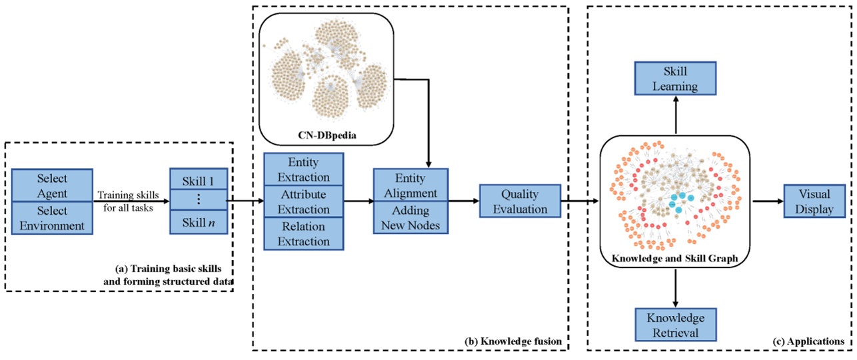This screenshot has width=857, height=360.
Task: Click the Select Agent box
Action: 51,185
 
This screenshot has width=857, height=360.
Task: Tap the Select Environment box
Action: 51,217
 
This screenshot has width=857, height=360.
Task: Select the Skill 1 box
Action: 198,179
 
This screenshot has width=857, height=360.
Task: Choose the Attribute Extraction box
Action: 304,201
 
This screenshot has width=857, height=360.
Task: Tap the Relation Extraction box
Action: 304,233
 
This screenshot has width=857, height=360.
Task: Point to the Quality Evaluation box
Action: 519,201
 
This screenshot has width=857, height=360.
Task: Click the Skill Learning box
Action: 675,78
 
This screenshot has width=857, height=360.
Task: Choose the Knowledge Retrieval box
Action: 675,325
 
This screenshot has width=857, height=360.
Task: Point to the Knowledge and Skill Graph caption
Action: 675,257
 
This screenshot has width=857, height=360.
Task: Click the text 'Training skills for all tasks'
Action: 128,201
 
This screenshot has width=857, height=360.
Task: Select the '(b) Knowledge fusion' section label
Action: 513,341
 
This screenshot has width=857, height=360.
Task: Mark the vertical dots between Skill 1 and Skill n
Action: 198,200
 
